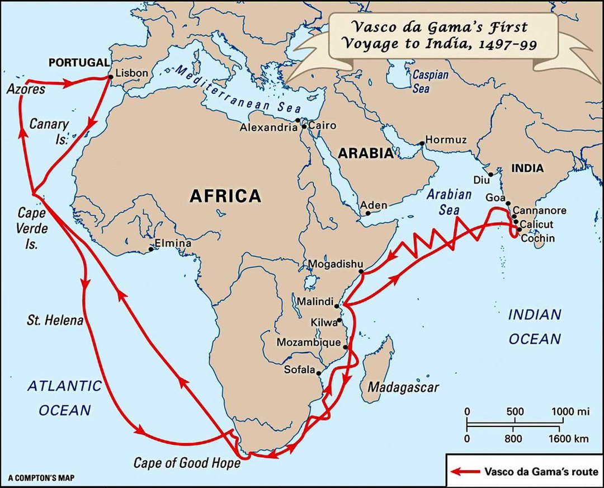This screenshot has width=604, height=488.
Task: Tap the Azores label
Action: (x=26, y=89)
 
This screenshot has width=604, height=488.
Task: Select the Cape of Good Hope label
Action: (x=187, y=463)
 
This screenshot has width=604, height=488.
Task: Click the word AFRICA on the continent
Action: (x=225, y=196)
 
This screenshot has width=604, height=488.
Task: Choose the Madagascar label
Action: (x=403, y=387)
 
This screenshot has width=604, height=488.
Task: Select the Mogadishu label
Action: (x=336, y=264)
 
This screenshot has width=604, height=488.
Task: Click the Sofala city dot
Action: (x=318, y=373)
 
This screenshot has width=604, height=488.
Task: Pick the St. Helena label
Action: (x=55, y=321)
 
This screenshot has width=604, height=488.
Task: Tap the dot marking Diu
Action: (x=490, y=175)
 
